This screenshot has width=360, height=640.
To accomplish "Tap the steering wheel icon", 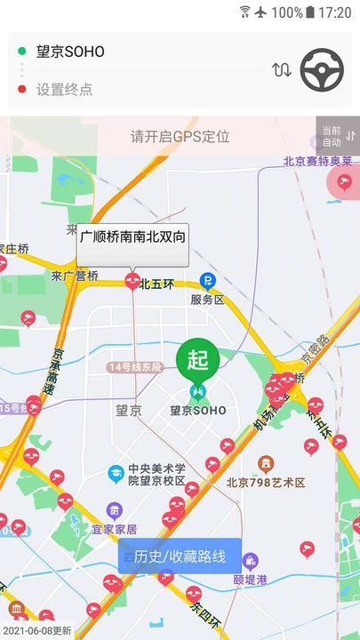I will (x=322, y=69).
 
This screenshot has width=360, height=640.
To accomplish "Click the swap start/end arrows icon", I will (x=282, y=69).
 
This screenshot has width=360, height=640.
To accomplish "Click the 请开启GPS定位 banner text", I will (x=180, y=136).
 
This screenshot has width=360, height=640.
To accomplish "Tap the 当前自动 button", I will (x=338, y=135).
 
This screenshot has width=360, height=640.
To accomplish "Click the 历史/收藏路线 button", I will (x=180, y=559).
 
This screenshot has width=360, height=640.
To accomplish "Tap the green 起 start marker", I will (x=197, y=360).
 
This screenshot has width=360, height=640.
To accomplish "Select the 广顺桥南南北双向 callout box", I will (x=132, y=237).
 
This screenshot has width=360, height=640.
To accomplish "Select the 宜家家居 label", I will (x=115, y=529).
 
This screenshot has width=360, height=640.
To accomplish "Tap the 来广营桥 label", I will (x=75, y=276).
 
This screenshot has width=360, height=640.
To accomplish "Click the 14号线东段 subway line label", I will (x=135, y=367).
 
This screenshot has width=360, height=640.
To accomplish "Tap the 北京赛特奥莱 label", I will (x=317, y=162).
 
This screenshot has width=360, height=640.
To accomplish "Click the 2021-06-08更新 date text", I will (x=36, y=630).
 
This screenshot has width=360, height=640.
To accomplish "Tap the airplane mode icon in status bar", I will (x=260, y=12).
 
